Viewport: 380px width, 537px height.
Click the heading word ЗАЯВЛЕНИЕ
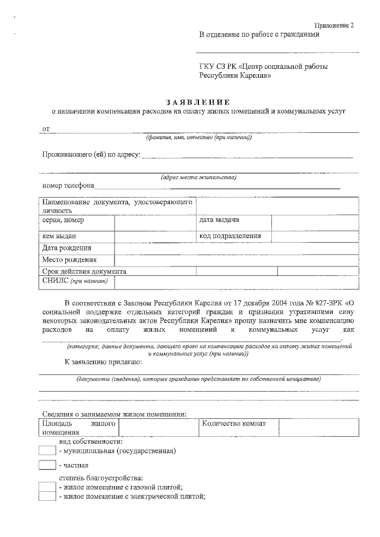(199, 101)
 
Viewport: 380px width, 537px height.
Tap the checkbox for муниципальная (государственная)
(47, 451)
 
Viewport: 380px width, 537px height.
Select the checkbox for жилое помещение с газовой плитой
(47, 487)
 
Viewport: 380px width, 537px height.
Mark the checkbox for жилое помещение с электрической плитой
(47, 497)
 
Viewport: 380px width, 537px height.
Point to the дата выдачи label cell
(219, 221)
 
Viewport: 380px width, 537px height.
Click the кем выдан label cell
(59, 236)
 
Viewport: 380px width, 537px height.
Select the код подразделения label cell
(230, 236)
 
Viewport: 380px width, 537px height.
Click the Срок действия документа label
(84, 271)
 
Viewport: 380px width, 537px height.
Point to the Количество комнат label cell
(234, 424)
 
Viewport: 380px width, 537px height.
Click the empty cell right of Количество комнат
(318, 427)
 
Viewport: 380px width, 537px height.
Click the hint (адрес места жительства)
(199, 177)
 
